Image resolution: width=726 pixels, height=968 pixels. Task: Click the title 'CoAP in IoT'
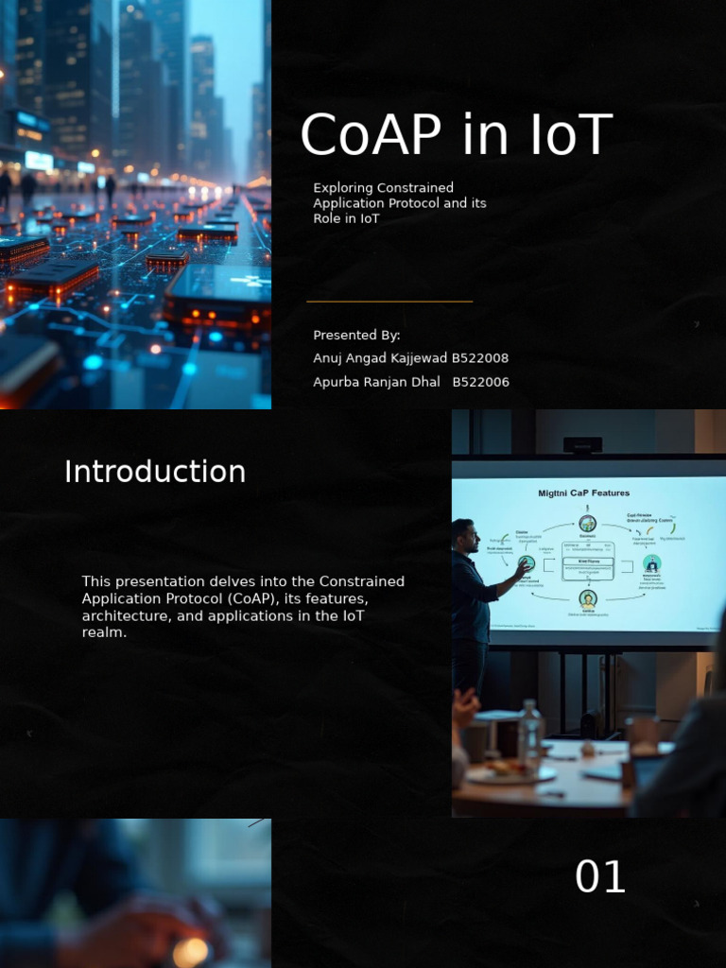tap(457, 136)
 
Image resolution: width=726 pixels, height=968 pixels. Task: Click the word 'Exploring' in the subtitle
tap(344, 188)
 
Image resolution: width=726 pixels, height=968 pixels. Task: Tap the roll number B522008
tap(479, 358)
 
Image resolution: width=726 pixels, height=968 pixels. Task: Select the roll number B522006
tap(480, 382)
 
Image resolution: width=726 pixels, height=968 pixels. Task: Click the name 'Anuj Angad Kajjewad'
tap(379, 358)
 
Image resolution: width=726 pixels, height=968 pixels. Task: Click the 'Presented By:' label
tap(356, 336)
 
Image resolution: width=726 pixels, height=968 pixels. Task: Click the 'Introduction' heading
tap(155, 472)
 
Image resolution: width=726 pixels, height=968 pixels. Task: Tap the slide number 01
tap(600, 878)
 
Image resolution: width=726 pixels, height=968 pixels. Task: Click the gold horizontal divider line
tap(389, 302)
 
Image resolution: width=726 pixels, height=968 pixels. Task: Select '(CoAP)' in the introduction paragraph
tap(251, 598)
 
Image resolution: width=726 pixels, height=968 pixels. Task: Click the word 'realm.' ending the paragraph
tap(104, 632)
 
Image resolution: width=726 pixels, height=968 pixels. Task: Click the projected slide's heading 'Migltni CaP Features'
tap(583, 493)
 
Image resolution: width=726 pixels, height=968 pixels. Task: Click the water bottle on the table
tap(530, 734)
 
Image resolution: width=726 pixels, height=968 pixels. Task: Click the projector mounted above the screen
tap(582, 444)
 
